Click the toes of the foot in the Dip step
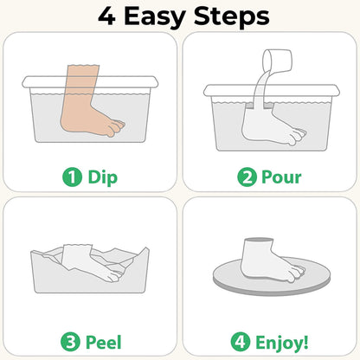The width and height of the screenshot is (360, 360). (x=111, y=131)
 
